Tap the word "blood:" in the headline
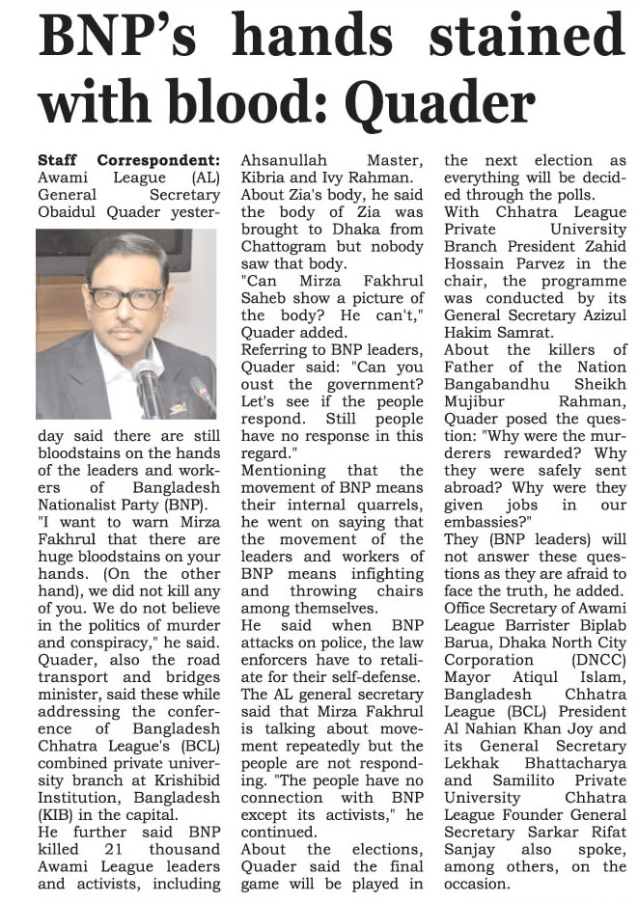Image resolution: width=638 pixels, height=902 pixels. [261, 100]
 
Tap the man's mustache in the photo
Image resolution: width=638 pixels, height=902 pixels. [124, 331]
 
